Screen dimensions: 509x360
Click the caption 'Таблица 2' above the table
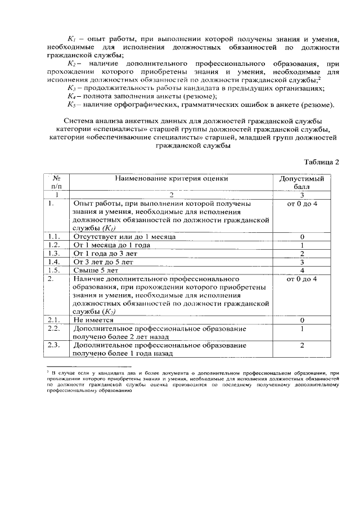321,163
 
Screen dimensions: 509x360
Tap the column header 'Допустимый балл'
301,183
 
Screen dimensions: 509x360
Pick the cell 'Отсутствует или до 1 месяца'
124,237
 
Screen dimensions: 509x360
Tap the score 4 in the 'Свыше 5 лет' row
302,271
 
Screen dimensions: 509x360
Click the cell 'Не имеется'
93,319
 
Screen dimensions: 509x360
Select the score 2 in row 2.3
302,345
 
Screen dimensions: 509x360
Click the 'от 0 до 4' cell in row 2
302,279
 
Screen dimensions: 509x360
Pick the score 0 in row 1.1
302,237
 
